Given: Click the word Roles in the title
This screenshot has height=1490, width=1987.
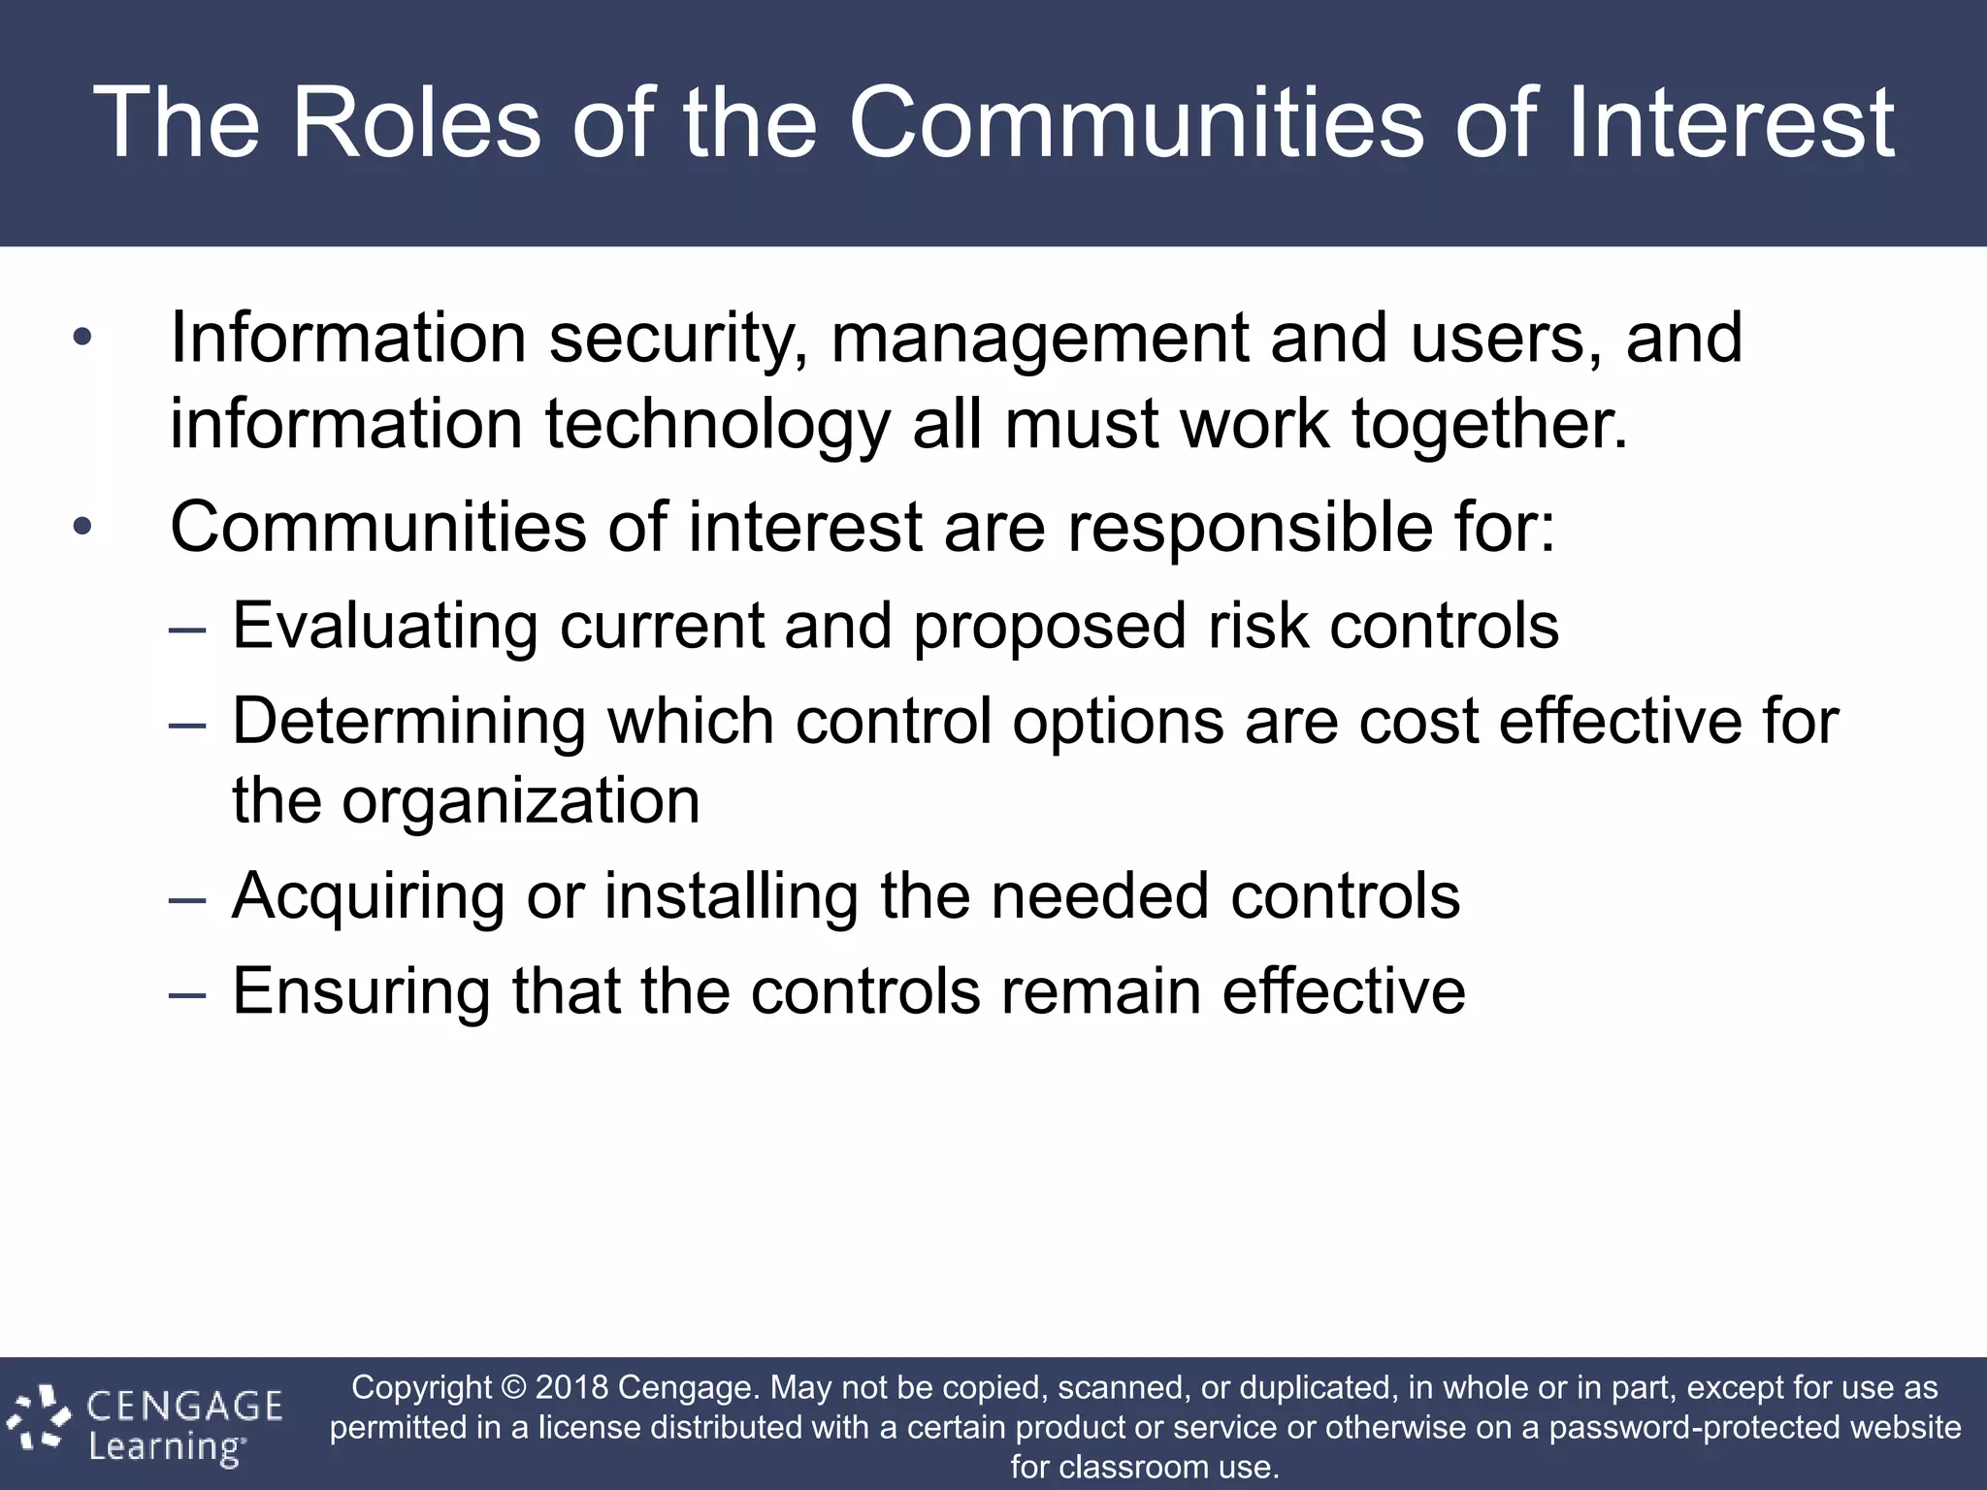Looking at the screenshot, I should tap(415, 122).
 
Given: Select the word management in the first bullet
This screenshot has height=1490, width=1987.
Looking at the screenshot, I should tap(1039, 340).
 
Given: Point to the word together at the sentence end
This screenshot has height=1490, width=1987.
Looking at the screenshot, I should tap(1489, 425).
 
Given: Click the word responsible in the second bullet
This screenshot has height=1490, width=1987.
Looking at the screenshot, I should tap(1250, 528).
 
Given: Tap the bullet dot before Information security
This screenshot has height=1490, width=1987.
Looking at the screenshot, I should tap(82, 339).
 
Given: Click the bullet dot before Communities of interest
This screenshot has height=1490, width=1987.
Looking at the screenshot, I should tap(82, 528).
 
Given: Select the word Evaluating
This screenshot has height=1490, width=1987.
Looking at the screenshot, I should tap(385, 626).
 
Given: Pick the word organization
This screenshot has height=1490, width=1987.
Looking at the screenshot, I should tap(520, 801).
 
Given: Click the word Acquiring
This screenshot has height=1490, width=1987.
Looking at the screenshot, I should tap(369, 895).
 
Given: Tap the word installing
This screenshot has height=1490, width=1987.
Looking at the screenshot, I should tap(732, 895).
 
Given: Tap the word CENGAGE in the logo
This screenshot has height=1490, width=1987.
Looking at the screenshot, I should tap(185, 1406).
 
